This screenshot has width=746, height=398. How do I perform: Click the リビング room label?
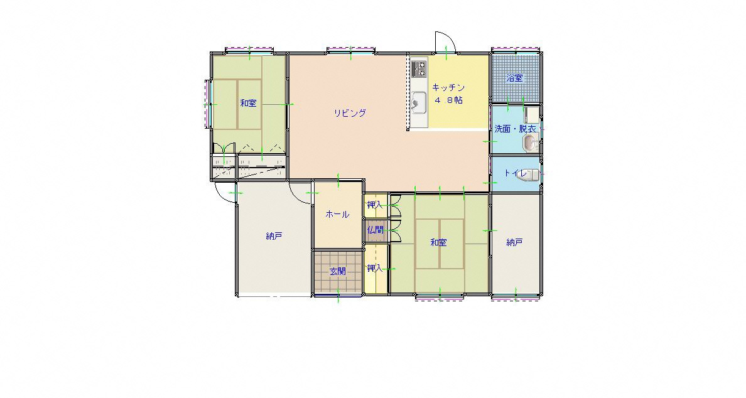click(x=349, y=113)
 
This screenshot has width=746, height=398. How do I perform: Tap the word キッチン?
click(x=448, y=87)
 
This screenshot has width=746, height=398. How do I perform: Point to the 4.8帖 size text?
click(x=448, y=100)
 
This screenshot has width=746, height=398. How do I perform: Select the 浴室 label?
click(x=514, y=78)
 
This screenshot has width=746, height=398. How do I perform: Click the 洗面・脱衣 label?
click(x=516, y=129)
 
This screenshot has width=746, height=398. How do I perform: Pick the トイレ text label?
click(x=516, y=173)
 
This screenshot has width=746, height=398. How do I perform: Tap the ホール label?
click(x=337, y=215)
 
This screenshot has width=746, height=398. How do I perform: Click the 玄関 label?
click(x=338, y=272)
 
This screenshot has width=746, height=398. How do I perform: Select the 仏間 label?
click(x=375, y=230)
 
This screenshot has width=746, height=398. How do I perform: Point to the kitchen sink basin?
click(x=419, y=101)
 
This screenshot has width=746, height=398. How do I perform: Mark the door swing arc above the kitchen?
click(x=449, y=38)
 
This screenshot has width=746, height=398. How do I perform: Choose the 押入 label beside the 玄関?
click(x=375, y=268)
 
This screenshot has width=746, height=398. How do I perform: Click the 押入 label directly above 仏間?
click(x=375, y=205)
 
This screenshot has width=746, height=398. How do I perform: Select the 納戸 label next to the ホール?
click(x=274, y=236)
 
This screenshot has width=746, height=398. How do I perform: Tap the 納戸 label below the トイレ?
click(x=514, y=242)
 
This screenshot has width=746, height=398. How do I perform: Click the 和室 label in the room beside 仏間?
click(x=438, y=242)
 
